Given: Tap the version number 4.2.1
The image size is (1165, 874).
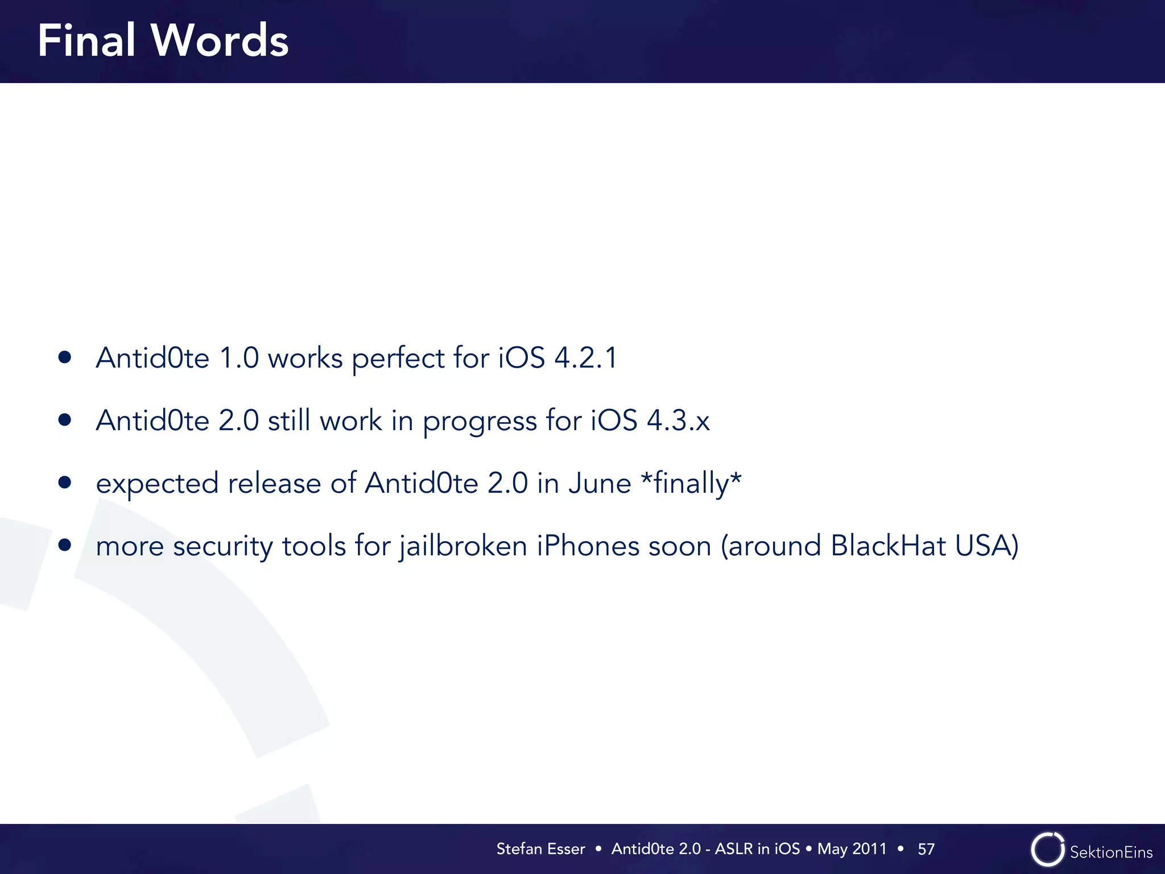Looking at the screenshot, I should pos(585,358).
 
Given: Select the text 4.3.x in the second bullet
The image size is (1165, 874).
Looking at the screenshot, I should pos(678,420).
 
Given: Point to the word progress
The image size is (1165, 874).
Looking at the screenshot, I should pos(480,422).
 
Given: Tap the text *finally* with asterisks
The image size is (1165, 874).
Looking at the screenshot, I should pos(691,483).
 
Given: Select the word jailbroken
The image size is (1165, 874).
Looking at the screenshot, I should pos(463,546).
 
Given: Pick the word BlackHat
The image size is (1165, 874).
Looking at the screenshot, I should pos(888,546).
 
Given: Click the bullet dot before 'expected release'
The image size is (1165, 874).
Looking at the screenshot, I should pos(65,483).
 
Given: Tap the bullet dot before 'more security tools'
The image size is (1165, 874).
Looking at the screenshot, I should pos(65,545).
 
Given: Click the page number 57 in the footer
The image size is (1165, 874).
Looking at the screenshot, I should pos(926,849).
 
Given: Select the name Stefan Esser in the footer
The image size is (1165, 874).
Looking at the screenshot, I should pos(540,849).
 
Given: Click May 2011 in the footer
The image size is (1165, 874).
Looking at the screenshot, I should pos(852,849).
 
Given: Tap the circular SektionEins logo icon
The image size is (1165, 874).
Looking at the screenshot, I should pos(1047,850).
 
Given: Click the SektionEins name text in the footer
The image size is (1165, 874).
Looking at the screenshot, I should pos(1111,852).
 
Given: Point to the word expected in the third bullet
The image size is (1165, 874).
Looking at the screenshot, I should pos(157,484).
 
